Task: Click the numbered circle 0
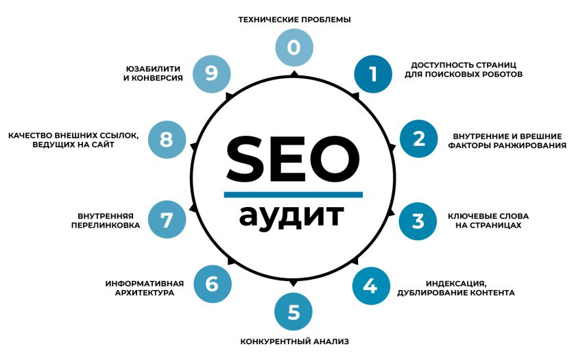(294, 47)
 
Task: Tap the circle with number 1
(373, 74)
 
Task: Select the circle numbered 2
(419, 139)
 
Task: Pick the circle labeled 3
(418, 221)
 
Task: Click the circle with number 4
(371, 286)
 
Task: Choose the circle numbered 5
(293, 312)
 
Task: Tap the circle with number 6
(213, 284)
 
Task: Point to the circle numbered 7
(167, 219)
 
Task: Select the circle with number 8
(167, 140)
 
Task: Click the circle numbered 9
(212, 74)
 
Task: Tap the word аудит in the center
(291, 217)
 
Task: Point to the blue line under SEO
(293, 195)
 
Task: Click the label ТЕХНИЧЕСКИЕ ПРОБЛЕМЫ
(295, 19)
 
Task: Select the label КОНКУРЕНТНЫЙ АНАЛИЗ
(295, 341)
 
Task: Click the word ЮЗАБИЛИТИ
(153, 69)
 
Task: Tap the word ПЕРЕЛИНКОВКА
(106, 225)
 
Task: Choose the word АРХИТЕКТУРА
(145, 293)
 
